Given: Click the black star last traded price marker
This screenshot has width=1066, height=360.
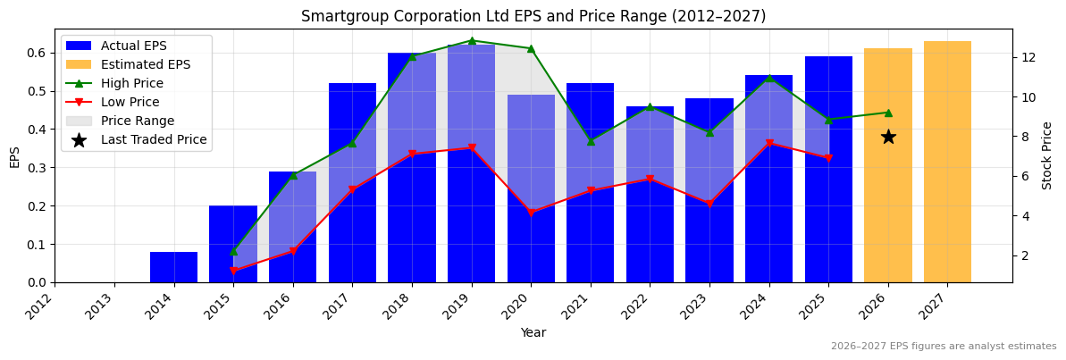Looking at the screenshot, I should click(888, 137).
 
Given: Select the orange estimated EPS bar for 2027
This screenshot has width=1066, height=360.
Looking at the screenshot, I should click(947, 162).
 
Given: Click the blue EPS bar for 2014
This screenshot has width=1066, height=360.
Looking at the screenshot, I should click(173, 267).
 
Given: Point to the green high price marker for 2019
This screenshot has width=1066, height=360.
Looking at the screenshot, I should click(472, 40).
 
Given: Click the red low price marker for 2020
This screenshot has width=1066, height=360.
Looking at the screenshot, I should click(531, 213).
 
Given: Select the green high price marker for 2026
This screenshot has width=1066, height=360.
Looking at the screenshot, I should click(888, 113).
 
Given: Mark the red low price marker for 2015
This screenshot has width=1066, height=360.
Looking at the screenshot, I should click(233, 271).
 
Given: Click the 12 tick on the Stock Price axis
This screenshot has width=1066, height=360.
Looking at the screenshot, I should click(1028, 57).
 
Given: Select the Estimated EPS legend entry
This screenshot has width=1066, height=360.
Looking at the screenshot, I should click(145, 64).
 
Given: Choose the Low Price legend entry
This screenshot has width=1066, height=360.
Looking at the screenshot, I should click(130, 102).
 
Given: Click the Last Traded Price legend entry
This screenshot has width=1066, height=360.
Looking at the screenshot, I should click(153, 139).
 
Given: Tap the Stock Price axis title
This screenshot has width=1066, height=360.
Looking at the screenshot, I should click(1047, 155).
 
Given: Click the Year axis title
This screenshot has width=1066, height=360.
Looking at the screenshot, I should click(533, 333).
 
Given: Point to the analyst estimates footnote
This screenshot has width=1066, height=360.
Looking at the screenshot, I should click(943, 347).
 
